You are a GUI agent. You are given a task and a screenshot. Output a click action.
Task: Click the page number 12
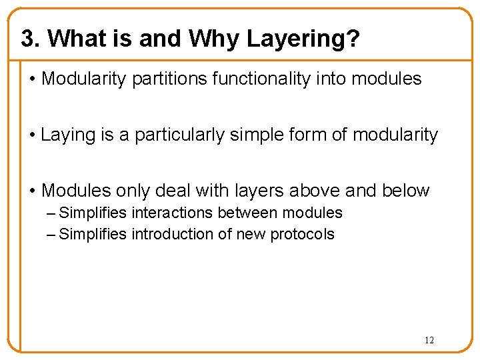tap(429, 341)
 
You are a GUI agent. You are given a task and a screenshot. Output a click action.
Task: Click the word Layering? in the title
tap(303, 39)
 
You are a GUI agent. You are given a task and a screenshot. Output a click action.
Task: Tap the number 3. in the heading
tap(31, 39)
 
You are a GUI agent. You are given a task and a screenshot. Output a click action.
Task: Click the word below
tap(406, 191)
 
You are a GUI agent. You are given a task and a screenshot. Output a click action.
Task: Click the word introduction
tap(175, 234)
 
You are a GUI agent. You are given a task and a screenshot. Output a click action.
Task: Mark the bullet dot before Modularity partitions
tap(33, 79)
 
